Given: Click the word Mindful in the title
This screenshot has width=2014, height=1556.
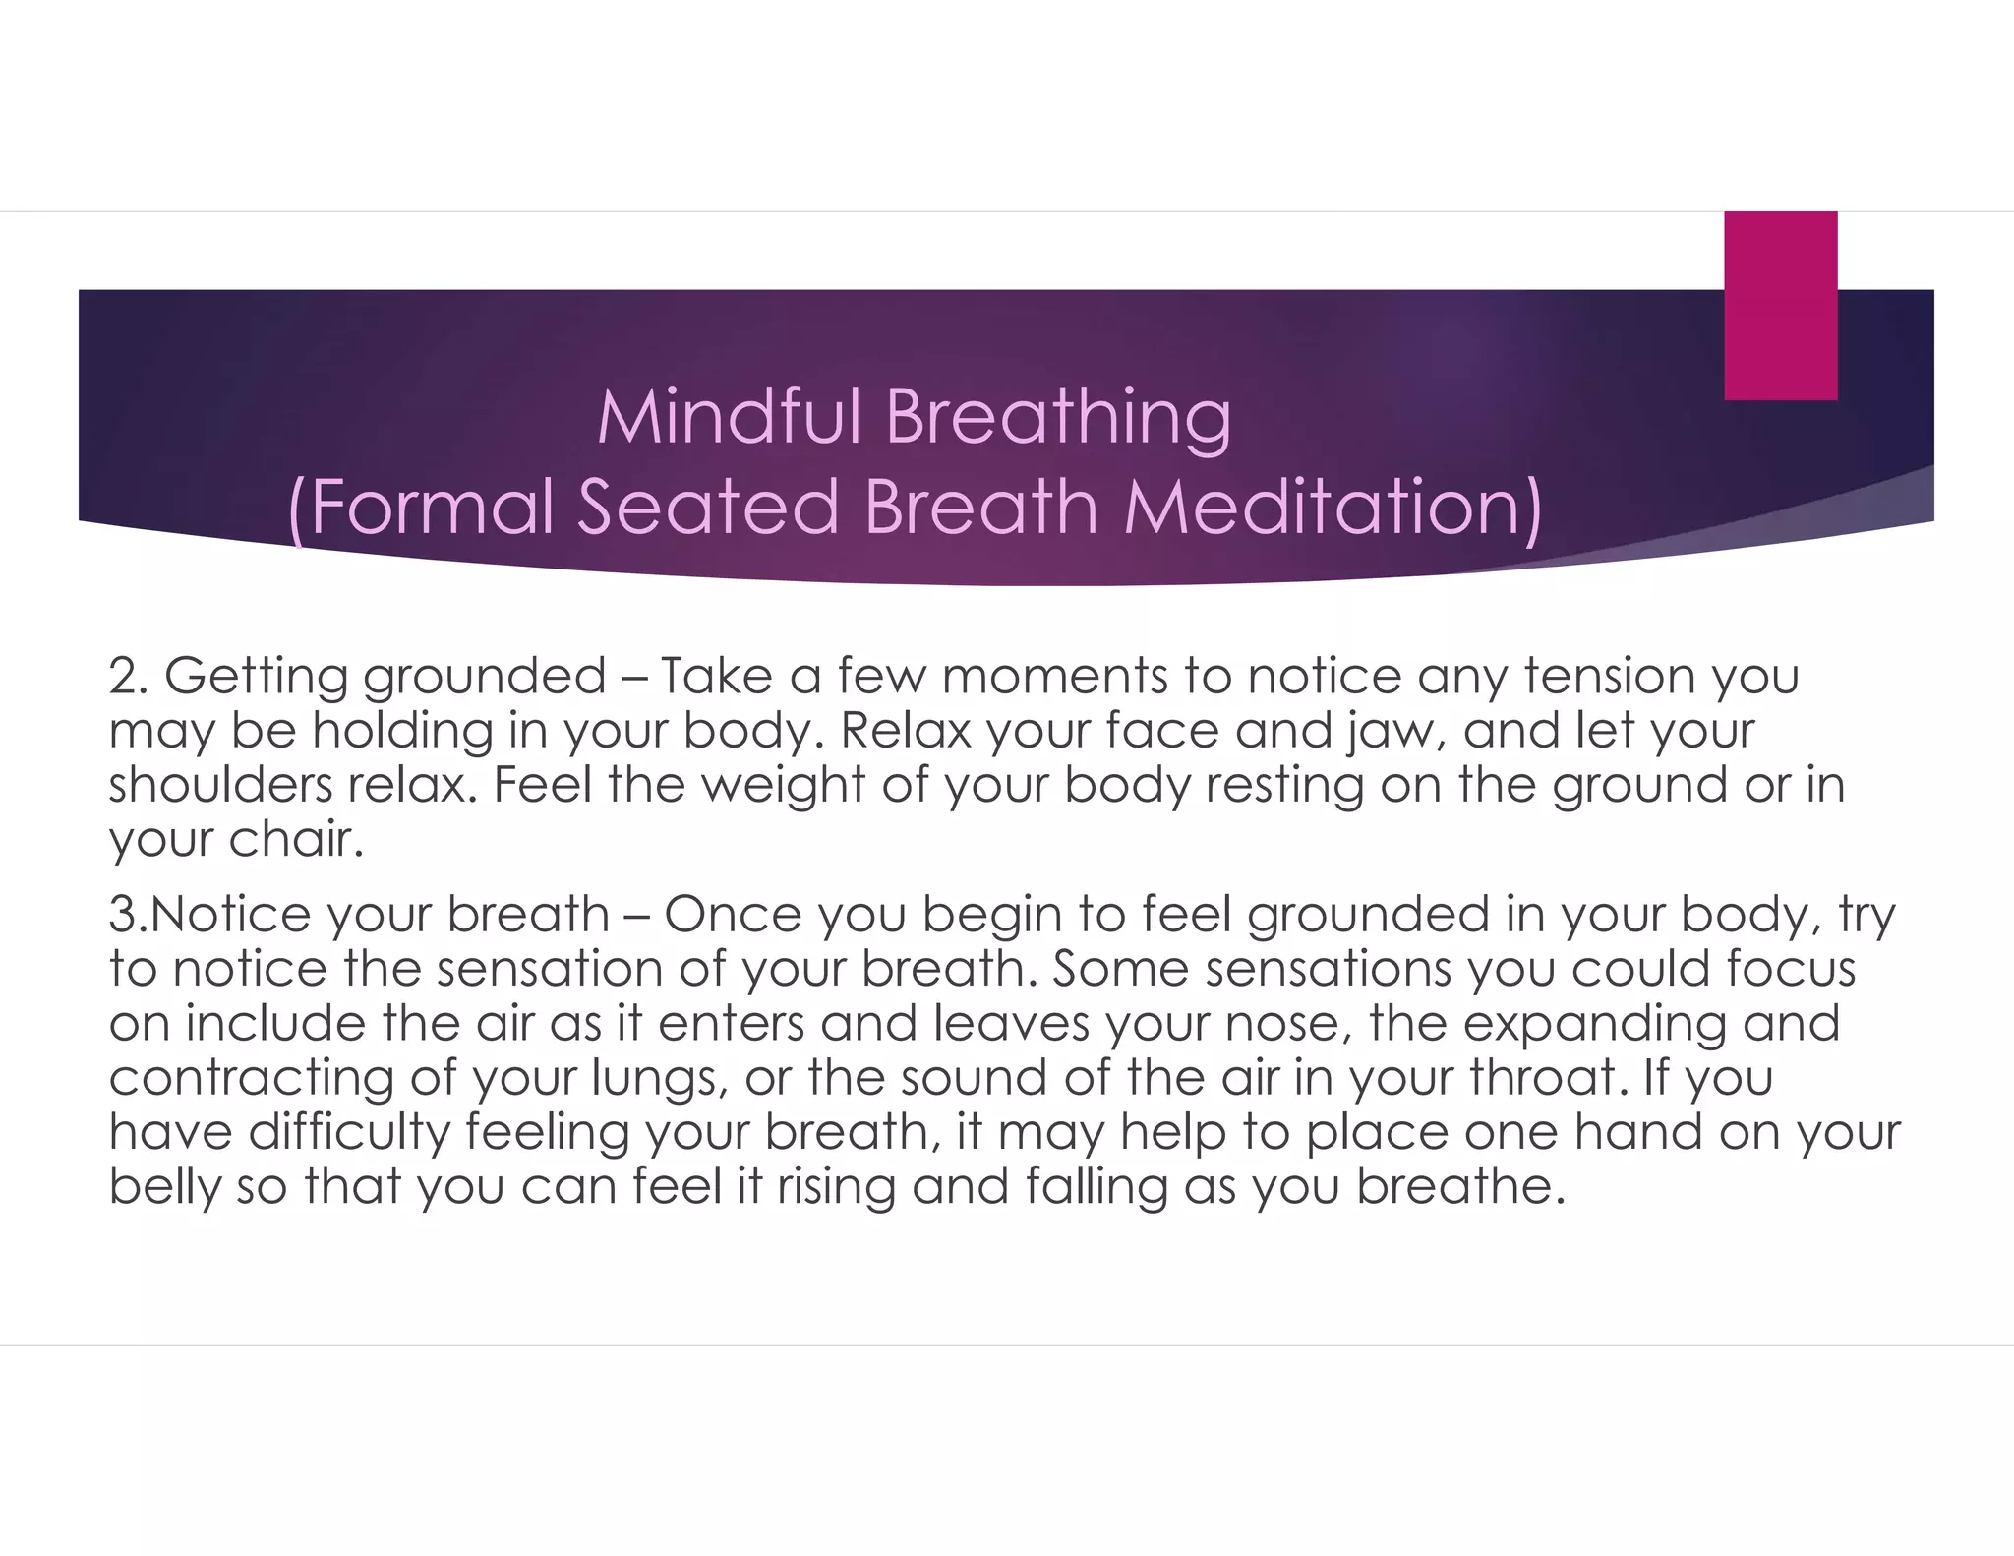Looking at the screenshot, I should pyautogui.click(x=731, y=417).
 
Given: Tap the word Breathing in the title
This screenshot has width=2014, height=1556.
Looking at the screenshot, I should pyautogui.click(x=1057, y=419).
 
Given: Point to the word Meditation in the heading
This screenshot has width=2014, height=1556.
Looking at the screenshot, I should pyautogui.click(x=1333, y=507).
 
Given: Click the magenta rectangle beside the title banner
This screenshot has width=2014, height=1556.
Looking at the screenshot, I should pyautogui.click(x=1780, y=306).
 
